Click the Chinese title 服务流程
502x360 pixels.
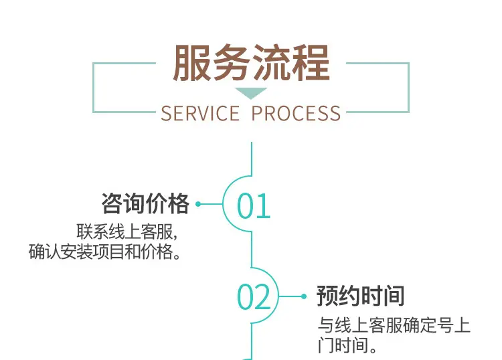click(251, 64)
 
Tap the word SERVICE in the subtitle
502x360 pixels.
click(200, 113)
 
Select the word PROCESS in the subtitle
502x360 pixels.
click(296, 113)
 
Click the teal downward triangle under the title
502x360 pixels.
click(251, 93)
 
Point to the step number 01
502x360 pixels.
click(254, 205)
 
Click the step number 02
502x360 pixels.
click(254, 297)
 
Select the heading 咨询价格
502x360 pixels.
click(145, 203)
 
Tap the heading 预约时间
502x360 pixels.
click(361, 296)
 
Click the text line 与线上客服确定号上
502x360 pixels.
click(394, 326)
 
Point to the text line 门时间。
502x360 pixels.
click(345, 346)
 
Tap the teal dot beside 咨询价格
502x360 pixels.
click(200, 204)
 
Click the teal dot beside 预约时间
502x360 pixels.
click(305, 296)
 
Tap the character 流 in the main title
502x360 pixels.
click(270, 64)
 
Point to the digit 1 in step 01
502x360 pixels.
click(264, 205)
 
